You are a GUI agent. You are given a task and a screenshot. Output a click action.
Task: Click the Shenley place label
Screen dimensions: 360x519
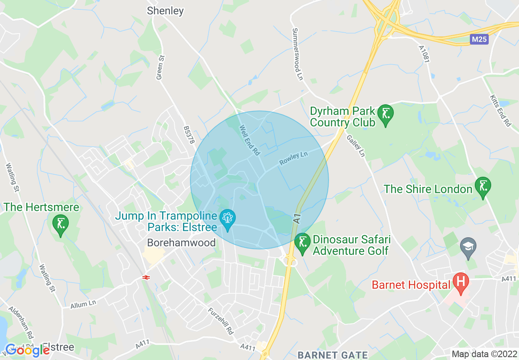(165, 11)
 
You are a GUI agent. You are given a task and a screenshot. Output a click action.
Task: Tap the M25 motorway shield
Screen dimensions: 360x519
(479, 39)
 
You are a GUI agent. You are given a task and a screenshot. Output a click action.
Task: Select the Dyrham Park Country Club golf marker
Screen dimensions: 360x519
(385, 115)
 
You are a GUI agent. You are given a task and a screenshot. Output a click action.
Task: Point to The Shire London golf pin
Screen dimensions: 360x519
(483, 187)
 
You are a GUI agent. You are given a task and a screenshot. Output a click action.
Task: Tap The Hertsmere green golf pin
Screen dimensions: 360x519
(61, 225)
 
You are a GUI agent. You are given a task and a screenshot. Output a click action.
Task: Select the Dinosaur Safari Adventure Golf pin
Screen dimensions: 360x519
(302, 243)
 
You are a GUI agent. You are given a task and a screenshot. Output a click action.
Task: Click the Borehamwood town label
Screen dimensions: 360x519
(181, 243)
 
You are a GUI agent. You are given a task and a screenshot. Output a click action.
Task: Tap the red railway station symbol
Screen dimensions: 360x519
(145, 277)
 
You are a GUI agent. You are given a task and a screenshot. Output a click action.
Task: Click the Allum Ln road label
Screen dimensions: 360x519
(83, 304)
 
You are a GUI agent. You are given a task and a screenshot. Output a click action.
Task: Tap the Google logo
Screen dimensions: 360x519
(27, 350)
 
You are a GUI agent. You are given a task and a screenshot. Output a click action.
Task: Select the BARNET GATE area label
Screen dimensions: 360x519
(333, 355)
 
